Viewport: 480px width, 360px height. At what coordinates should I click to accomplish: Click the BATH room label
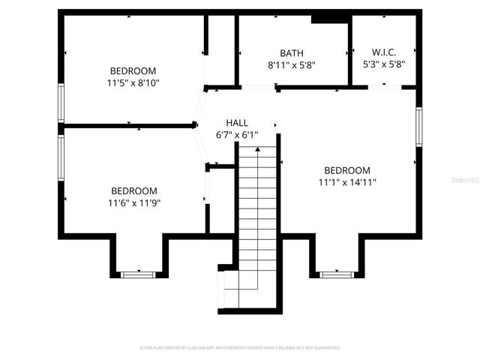[292, 53]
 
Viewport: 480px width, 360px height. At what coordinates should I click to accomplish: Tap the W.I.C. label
[383, 52]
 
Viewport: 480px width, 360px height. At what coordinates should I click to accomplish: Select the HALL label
[236, 123]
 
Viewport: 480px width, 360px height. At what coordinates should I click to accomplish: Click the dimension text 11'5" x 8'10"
[133, 83]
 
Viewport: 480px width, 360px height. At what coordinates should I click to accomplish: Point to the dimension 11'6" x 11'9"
[135, 202]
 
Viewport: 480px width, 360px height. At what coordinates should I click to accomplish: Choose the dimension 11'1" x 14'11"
[347, 181]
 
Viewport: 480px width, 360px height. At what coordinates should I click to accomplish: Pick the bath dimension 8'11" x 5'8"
[292, 65]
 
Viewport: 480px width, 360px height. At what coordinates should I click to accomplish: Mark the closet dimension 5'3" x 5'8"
[383, 64]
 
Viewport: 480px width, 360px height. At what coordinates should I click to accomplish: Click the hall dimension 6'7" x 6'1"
[236, 135]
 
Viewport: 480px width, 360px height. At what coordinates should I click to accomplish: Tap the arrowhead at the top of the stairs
[258, 150]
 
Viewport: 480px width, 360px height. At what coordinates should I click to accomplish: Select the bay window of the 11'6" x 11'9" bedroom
[138, 274]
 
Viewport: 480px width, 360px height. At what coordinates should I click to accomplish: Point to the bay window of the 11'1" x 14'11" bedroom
[337, 274]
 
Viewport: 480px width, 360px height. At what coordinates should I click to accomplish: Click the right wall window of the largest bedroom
[418, 128]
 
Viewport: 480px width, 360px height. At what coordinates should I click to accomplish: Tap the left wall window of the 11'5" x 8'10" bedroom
[61, 103]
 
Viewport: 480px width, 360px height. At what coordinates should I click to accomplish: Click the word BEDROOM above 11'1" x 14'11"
[347, 170]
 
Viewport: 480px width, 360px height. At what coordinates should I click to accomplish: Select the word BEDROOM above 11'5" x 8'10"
[133, 71]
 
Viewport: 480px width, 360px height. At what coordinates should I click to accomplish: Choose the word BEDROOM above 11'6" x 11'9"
[134, 191]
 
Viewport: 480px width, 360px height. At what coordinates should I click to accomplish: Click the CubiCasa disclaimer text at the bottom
[240, 348]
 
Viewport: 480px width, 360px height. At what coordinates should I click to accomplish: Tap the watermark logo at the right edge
[466, 181]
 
